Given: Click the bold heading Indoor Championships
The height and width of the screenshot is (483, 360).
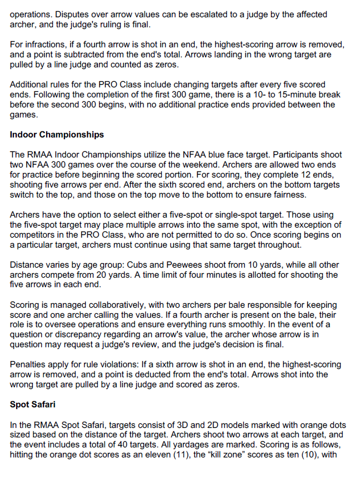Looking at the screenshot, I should coord(57,135).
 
